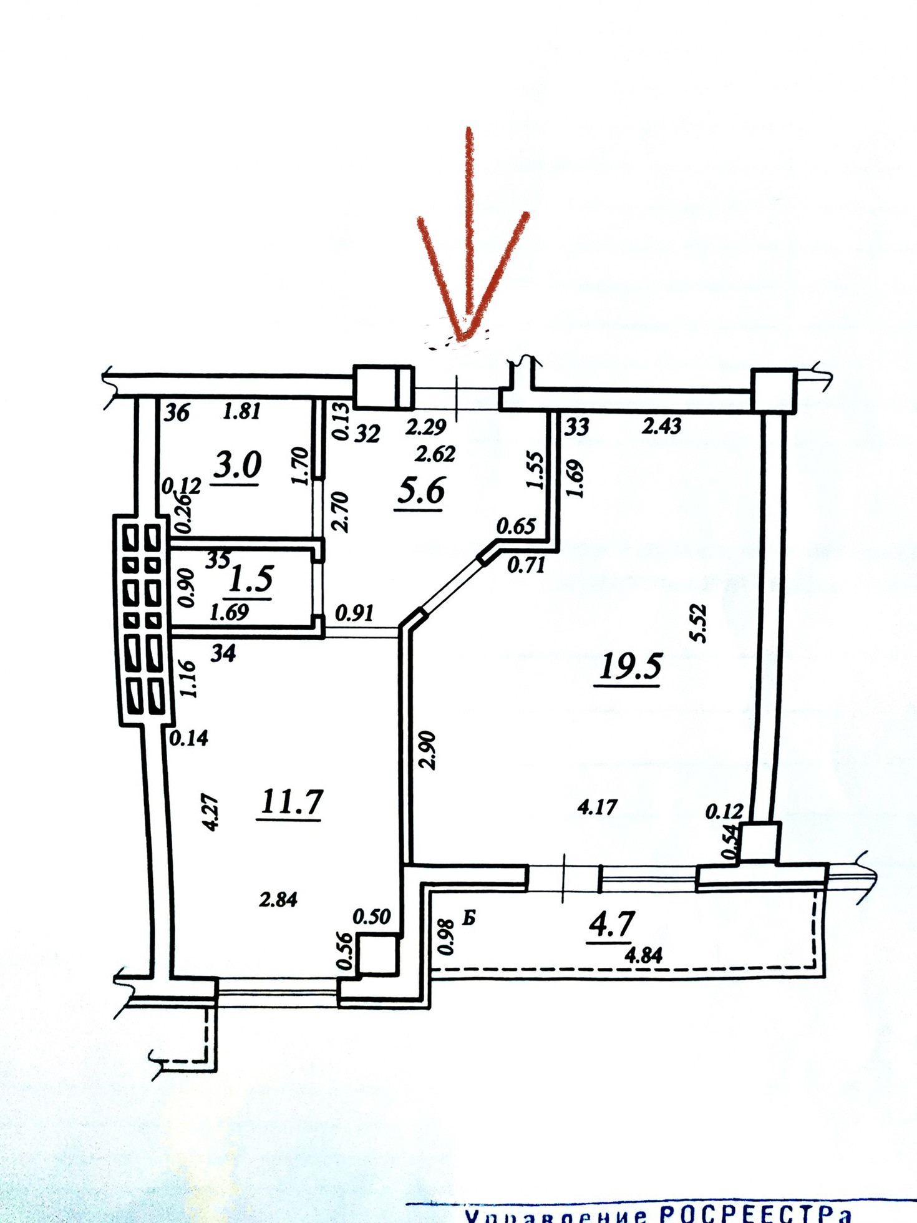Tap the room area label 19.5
tap(630, 666)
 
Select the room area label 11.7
tap(291, 801)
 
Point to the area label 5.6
tap(421, 490)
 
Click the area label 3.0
tap(237, 465)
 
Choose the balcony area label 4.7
tap(611, 923)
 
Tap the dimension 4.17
tap(597, 807)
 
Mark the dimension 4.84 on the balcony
tap(643, 955)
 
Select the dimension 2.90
tap(429, 750)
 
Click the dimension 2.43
tap(662, 426)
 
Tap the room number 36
tap(177, 413)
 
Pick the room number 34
tap(223, 653)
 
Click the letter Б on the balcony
tap(469, 918)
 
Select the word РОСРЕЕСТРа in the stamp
tap(755, 1214)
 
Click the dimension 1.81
tap(241, 411)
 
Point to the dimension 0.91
tap(354, 613)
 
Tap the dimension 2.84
tap(278, 899)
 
